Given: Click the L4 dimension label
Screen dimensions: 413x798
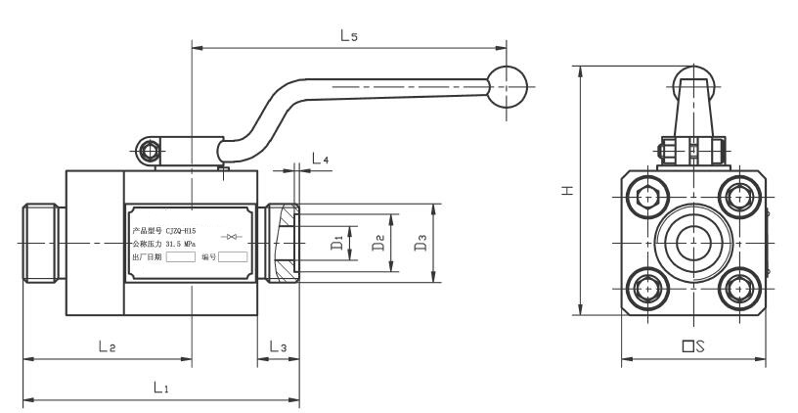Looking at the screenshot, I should [x=320, y=159].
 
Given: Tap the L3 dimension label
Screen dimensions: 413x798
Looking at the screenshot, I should [x=278, y=347].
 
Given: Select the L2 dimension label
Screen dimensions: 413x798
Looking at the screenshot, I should [x=107, y=347].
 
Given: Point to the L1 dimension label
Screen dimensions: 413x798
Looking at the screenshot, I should [x=161, y=389].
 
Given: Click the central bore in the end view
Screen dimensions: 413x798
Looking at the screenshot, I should [x=693, y=242].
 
